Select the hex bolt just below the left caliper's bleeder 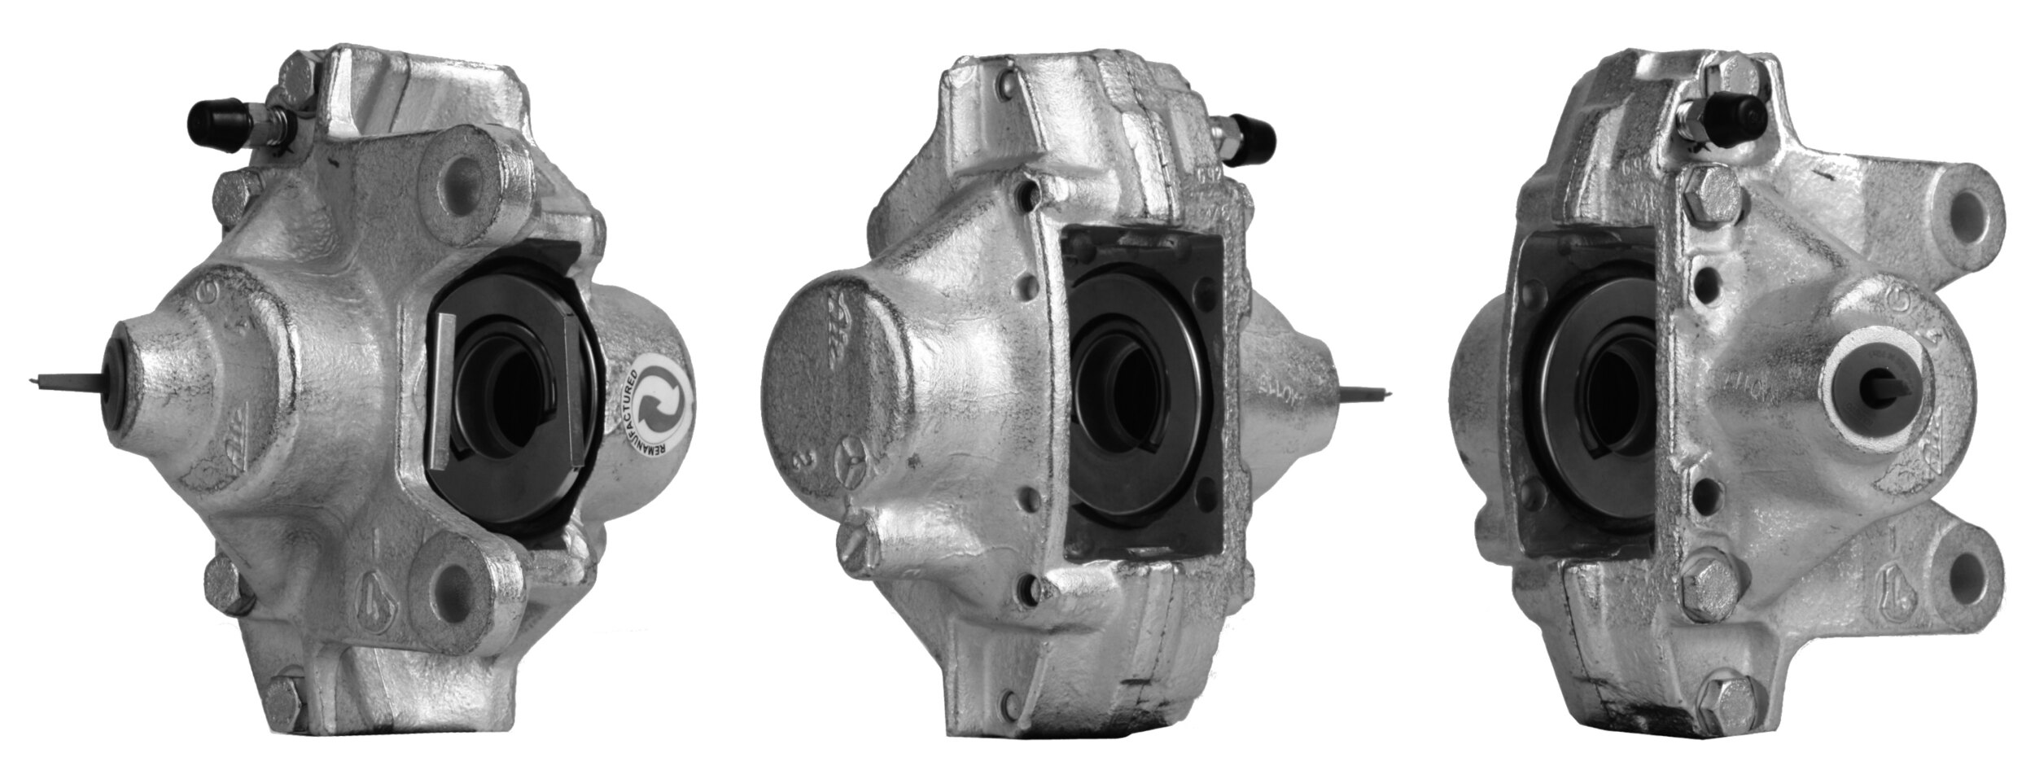pyautogui.click(x=238, y=196)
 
